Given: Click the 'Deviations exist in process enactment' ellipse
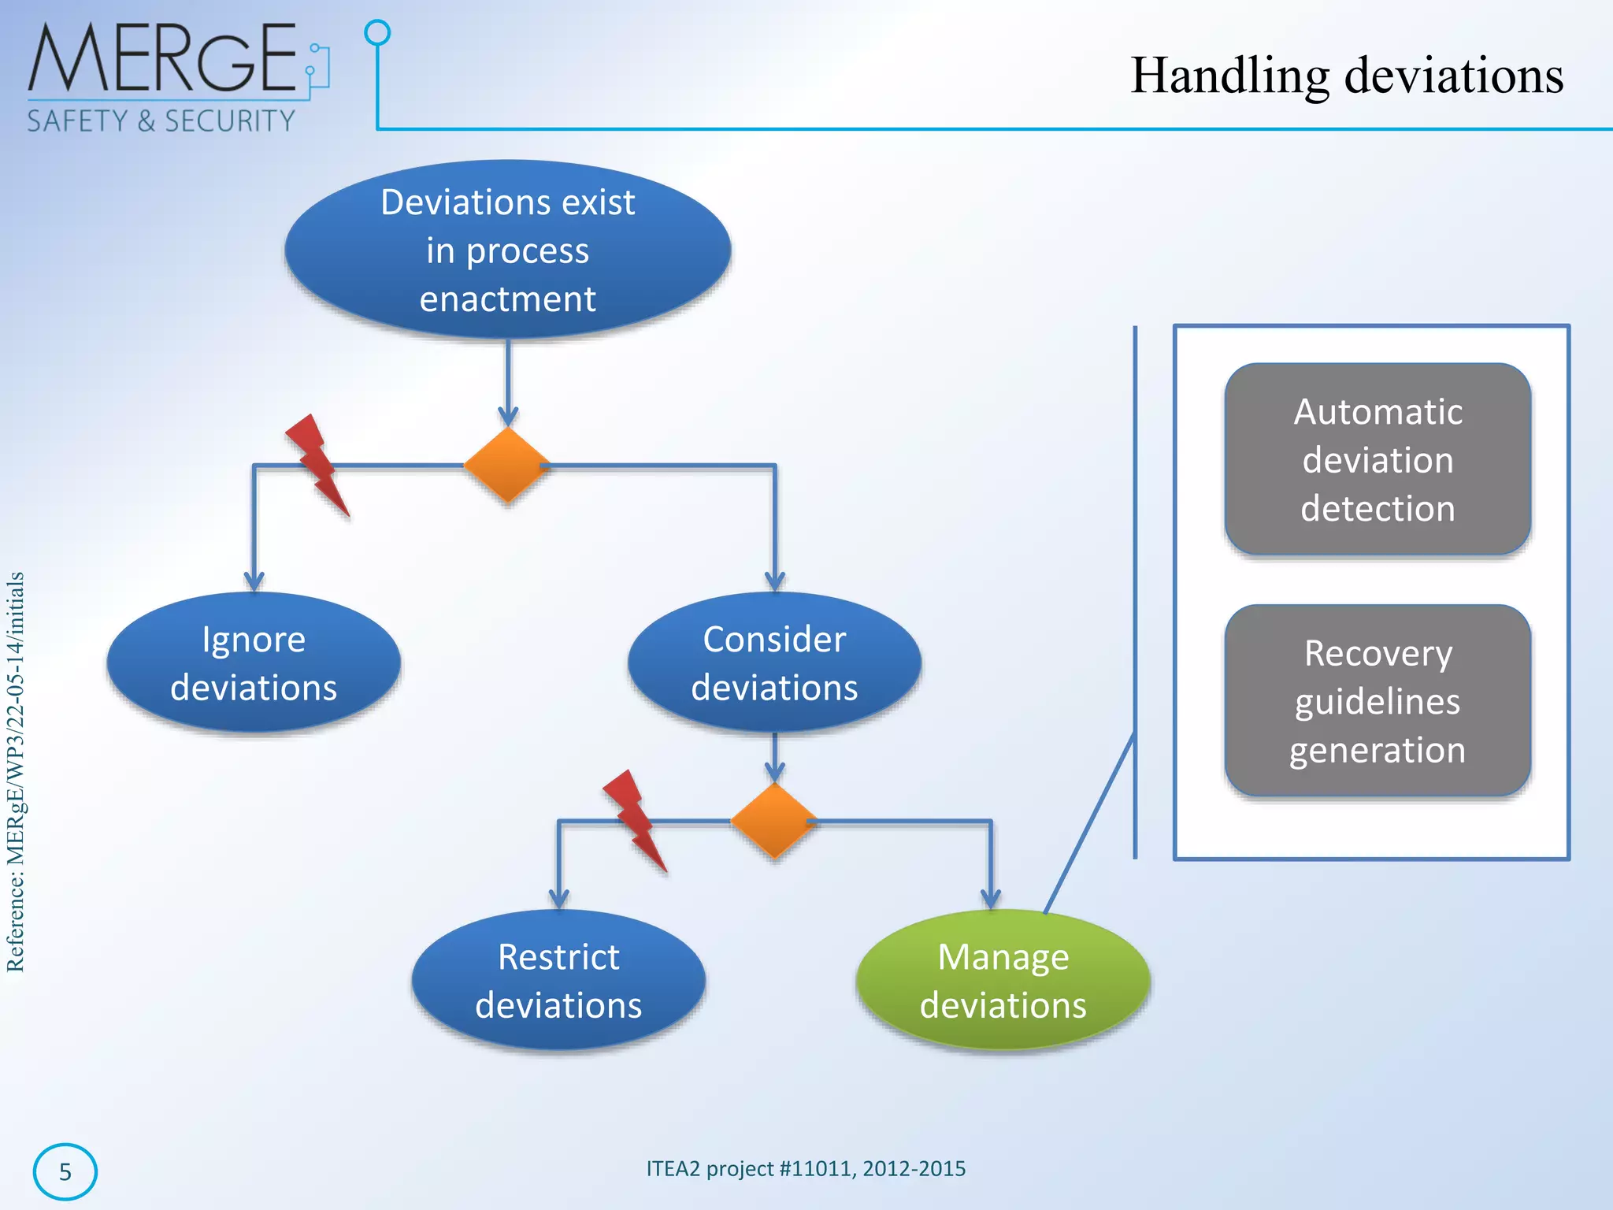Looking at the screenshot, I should [508, 251].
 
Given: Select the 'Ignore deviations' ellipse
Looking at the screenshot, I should [254, 663].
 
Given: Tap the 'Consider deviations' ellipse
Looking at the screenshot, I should [774, 663].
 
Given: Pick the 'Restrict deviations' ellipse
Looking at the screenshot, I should [558, 981].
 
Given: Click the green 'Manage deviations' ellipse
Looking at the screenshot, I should [1003, 981].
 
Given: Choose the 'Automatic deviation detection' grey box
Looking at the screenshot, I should [1378, 460].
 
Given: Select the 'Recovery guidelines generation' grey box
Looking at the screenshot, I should [1378, 701].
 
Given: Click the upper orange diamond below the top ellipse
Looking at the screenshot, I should [507, 465].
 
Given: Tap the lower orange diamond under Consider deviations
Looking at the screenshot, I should [774, 821].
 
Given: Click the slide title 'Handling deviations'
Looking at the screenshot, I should [1346, 76].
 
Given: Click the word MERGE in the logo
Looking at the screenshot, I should [161, 58].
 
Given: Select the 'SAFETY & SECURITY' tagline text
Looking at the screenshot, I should [161, 121].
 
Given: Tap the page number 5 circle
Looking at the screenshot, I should [65, 1171].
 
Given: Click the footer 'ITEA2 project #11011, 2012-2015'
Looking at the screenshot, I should [806, 1168].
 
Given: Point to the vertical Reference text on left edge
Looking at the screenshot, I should [16, 772].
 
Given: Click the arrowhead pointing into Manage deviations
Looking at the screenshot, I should [991, 899].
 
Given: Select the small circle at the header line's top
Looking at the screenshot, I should [378, 32].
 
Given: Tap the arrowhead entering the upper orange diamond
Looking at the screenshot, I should [508, 417].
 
